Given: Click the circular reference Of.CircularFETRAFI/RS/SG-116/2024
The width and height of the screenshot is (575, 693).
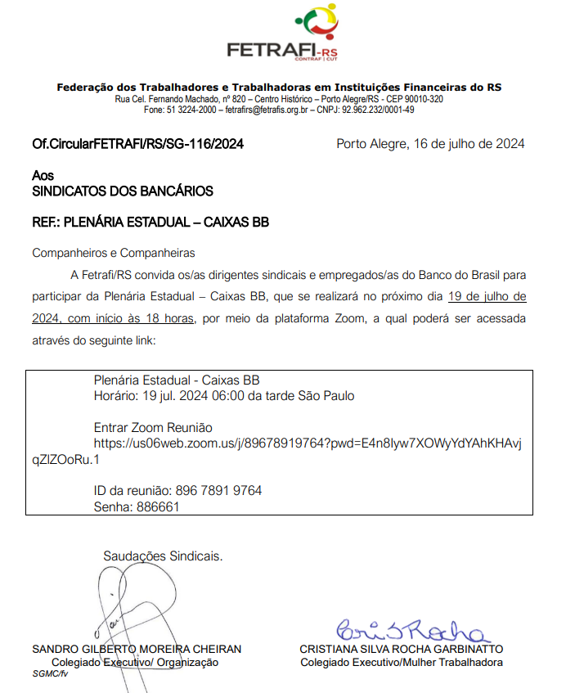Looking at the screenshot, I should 137,144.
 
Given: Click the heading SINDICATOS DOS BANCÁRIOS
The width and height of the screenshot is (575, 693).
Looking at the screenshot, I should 123,191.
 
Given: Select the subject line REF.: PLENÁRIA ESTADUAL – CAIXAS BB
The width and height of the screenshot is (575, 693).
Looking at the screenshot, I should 150,223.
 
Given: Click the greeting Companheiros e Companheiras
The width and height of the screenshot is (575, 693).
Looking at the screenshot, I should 114,253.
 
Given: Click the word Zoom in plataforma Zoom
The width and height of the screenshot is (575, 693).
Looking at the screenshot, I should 346,317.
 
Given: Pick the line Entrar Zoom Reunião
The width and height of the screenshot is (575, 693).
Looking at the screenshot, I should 153,428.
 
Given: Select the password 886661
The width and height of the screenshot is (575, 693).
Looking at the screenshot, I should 158,506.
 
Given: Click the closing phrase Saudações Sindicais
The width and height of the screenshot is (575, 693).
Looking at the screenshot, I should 163,556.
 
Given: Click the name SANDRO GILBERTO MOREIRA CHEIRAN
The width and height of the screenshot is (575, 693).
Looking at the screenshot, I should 137,649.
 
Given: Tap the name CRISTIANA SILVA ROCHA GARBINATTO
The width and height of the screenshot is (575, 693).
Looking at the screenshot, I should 401,649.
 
